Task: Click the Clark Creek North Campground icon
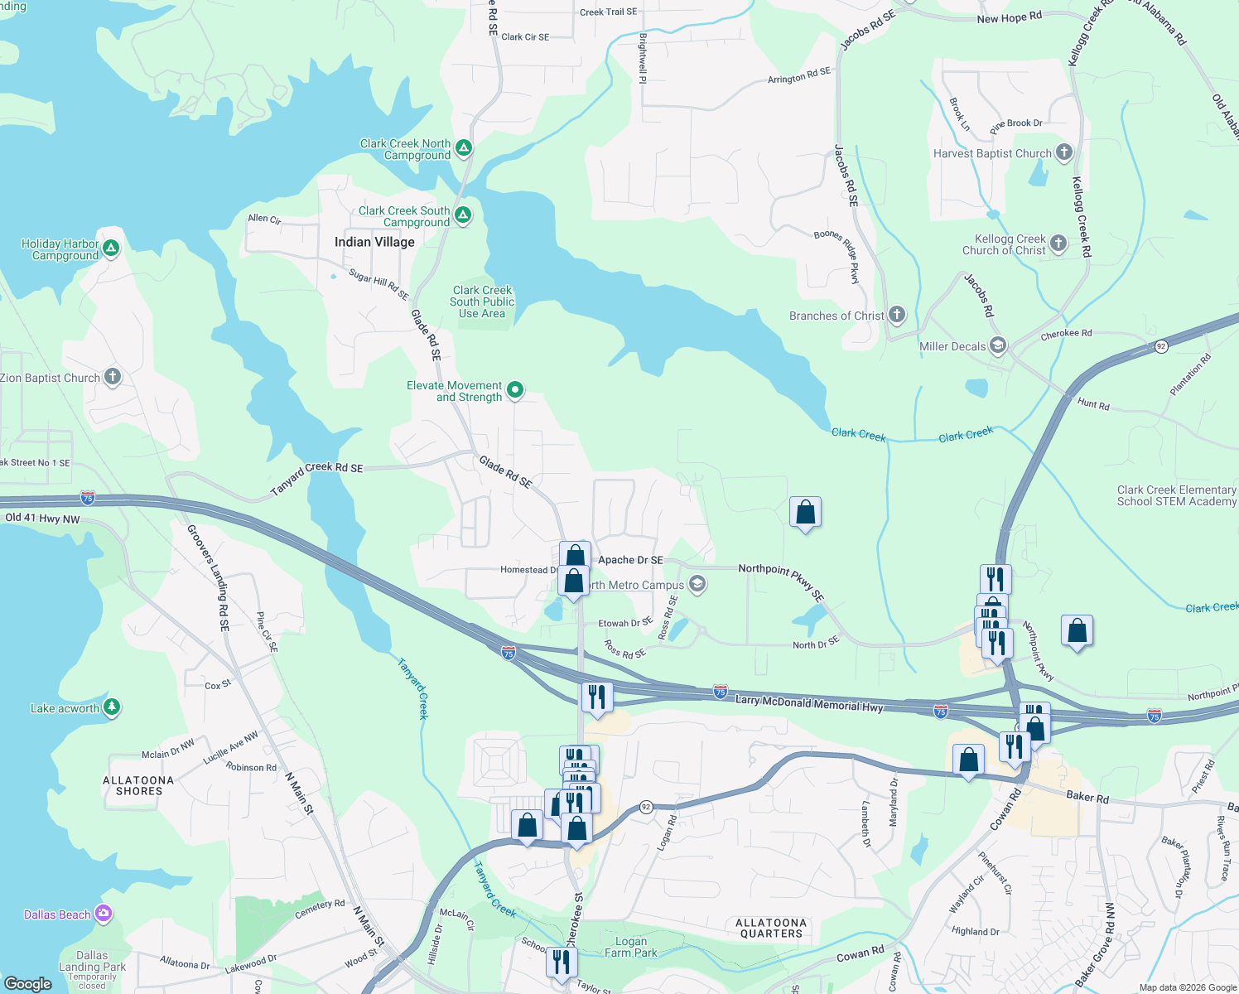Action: (x=464, y=148)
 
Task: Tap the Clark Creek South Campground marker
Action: (x=463, y=215)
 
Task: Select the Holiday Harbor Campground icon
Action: (x=111, y=248)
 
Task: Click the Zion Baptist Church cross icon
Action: (x=113, y=377)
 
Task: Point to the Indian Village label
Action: (x=374, y=242)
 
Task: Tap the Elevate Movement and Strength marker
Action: (x=515, y=390)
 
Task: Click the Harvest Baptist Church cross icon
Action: (x=1064, y=152)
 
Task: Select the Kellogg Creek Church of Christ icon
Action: (x=1058, y=244)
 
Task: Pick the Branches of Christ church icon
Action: (x=897, y=315)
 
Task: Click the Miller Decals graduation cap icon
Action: (x=998, y=345)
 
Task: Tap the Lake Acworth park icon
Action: (x=112, y=707)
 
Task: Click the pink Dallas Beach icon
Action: (x=104, y=914)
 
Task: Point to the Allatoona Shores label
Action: (x=138, y=785)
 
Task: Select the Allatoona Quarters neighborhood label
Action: (x=771, y=928)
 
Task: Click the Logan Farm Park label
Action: (x=631, y=947)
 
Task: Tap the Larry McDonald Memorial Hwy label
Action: (x=809, y=703)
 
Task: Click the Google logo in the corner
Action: (x=28, y=983)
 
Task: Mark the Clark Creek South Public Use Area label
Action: (x=482, y=302)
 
